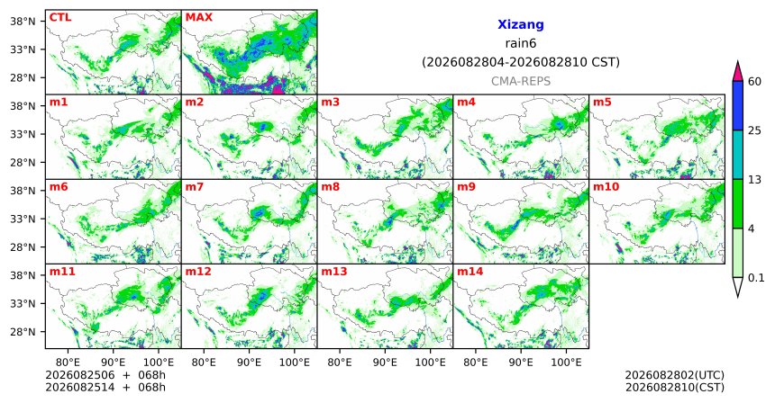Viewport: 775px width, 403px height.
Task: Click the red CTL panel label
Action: click(x=60, y=17)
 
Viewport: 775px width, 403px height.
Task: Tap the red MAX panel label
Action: click(x=198, y=17)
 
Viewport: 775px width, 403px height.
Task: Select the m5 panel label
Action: click(x=602, y=103)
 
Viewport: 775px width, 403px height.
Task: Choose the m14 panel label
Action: click(x=470, y=272)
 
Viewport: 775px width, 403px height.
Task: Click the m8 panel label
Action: click(x=330, y=187)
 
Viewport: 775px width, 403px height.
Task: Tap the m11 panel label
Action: click(x=62, y=272)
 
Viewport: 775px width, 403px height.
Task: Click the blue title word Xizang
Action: click(x=521, y=24)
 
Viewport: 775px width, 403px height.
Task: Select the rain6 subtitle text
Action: click(x=521, y=43)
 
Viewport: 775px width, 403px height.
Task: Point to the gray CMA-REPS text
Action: click(x=521, y=81)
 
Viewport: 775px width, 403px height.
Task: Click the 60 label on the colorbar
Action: click(x=754, y=81)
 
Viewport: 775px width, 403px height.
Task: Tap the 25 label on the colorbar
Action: click(x=754, y=130)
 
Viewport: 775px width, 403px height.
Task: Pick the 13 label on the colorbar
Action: click(x=754, y=180)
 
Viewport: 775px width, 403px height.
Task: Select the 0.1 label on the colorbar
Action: click(x=756, y=278)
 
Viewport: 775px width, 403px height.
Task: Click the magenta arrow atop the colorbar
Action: click(x=737, y=72)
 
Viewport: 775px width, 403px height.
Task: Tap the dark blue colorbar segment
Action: click(x=737, y=105)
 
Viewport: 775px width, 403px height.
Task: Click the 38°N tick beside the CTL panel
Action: click(x=23, y=22)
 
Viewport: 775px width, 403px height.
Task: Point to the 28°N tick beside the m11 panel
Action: click(x=23, y=332)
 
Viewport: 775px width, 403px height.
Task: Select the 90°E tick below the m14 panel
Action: click(x=521, y=363)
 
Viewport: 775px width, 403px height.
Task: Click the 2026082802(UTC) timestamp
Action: click(x=675, y=376)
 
